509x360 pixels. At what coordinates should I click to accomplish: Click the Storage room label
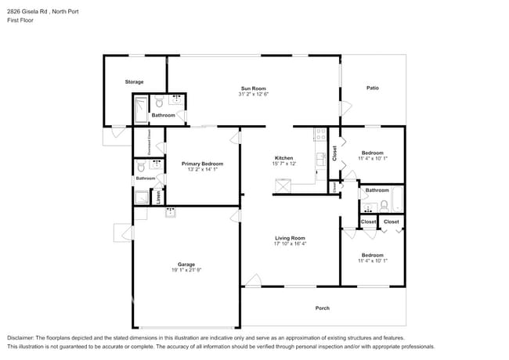click(134, 81)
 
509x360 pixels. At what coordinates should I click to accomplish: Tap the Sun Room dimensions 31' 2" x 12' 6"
click(254, 94)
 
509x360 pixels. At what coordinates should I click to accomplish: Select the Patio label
click(373, 88)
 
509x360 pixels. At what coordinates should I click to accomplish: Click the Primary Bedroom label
click(202, 164)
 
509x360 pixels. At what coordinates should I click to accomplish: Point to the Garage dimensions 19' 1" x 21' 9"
click(186, 270)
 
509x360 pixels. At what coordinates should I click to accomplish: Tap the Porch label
click(322, 308)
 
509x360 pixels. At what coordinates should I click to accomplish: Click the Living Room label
click(290, 238)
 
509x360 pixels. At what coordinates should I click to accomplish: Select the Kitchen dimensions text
click(283, 164)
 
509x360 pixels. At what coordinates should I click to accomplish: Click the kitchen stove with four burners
click(319, 134)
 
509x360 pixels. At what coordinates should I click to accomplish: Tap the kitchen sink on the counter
click(320, 159)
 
